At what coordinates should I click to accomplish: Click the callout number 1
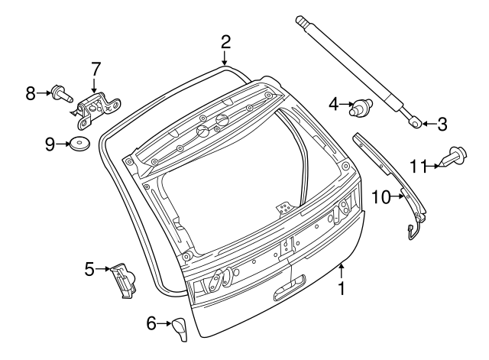342,289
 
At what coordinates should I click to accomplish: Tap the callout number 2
225,42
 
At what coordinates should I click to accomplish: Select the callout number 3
442,124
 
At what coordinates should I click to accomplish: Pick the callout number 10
382,197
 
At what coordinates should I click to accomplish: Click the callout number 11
419,166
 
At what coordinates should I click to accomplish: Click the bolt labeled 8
62,93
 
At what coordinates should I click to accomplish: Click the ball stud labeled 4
361,108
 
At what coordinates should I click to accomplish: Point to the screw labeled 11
453,157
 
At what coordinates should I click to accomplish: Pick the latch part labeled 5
123,281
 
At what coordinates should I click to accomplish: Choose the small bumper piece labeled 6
180,329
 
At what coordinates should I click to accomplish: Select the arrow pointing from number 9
63,144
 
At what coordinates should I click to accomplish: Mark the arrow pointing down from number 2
225,58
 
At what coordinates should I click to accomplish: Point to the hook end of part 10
411,232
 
